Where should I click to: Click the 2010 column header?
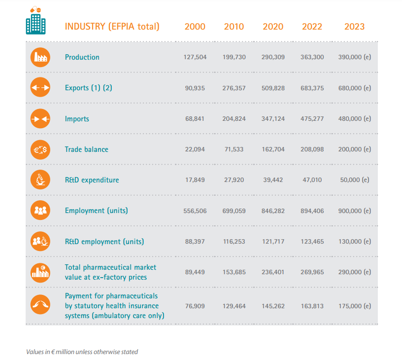coord(234,26)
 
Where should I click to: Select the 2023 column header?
coord(354,26)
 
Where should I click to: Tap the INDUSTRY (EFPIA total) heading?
coord(112,26)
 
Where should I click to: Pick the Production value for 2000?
coord(195,57)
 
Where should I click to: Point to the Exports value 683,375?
coord(312,88)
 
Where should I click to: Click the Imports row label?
coord(77,119)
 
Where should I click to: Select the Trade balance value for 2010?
coord(234,149)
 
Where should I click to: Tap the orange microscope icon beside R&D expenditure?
coord(40,180)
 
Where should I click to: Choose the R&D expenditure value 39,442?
coord(273,180)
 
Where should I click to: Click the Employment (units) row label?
coord(97,211)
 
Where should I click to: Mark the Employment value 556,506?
coord(195,211)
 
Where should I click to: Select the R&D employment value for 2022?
coord(312,242)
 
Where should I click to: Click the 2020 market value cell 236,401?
coord(273,272)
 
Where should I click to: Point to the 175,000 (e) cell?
coord(354,306)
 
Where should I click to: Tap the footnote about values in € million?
coord(82,352)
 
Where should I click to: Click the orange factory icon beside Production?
coord(40,57)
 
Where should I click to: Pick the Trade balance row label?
coord(87,149)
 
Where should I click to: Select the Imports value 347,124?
coord(273,119)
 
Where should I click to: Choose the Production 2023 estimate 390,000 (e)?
coord(354,57)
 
